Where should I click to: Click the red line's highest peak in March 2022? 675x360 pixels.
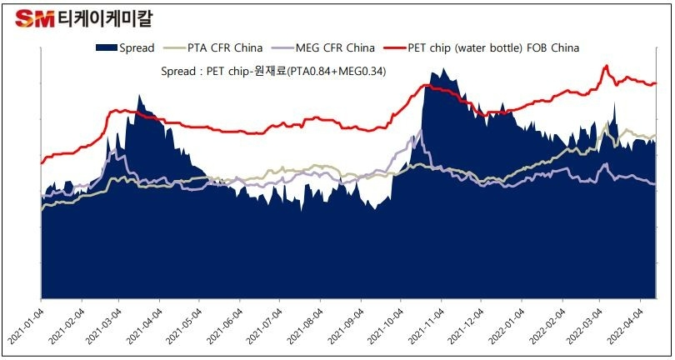click(x=607, y=66)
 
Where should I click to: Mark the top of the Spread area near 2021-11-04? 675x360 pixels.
click(x=433, y=72)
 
